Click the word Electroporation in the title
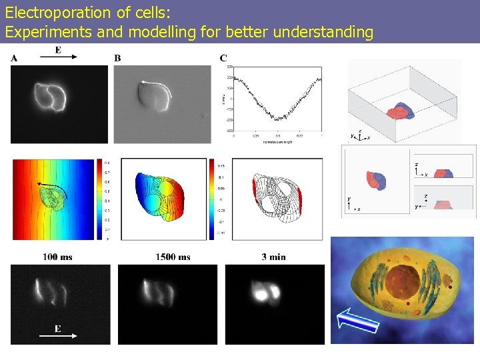click(x=49, y=12)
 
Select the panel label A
click(x=14, y=58)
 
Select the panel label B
click(x=117, y=58)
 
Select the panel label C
click(x=223, y=58)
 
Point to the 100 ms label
click(x=57, y=257)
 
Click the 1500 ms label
click(x=173, y=257)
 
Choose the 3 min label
click(x=274, y=257)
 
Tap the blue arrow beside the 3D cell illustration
click(x=357, y=321)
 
